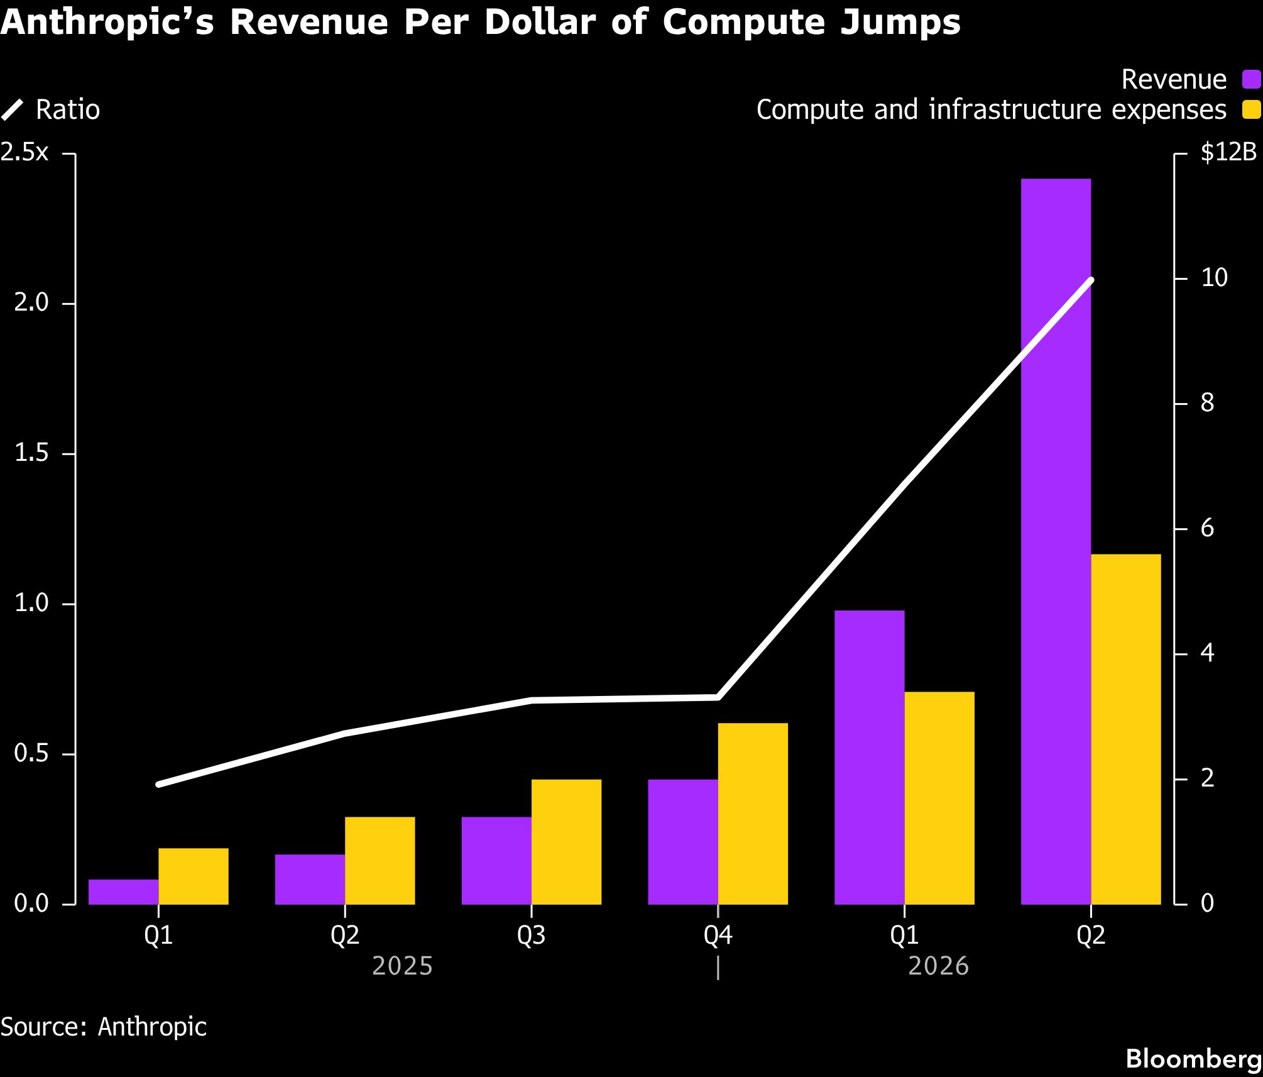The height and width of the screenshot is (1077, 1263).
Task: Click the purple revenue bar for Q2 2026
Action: point(1056,541)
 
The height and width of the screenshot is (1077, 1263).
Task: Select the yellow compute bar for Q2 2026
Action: point(1126,729)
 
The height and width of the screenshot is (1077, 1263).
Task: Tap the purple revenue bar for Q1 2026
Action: point(870,758)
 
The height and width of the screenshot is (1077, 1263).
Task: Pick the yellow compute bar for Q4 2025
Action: point(753,814)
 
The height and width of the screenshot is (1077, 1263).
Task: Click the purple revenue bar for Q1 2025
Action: point(123,892)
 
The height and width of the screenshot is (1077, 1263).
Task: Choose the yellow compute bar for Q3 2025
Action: point(566,842)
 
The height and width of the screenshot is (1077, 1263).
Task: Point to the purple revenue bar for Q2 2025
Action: point(310,880)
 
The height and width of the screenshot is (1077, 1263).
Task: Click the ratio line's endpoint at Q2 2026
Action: point(1091,280)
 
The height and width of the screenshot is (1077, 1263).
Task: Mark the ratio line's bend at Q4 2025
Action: point(718,697)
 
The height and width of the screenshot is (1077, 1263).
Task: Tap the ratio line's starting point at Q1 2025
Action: point(158,784)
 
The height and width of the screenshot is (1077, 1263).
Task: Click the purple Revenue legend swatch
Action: point(1250,80)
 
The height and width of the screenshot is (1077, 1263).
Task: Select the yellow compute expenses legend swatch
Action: point(1250,109)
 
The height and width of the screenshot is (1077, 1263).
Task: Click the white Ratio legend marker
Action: point(13,110)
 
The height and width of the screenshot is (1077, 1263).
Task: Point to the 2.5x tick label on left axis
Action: point(25,153)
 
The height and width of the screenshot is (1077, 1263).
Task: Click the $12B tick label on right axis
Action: point(1228,153)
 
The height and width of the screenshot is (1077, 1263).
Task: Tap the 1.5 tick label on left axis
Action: point(31,453)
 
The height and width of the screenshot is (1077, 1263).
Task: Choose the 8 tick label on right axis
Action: point(1207,403)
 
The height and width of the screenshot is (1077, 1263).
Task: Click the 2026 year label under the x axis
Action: point(939,966)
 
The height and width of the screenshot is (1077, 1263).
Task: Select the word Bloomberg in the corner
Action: point(1194,1059)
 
